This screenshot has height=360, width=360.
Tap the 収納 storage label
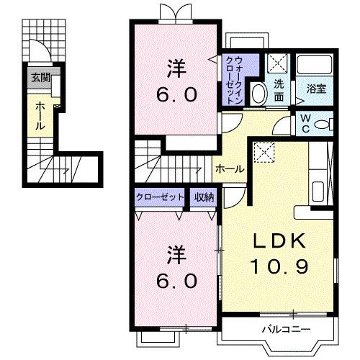(x=202, y=197)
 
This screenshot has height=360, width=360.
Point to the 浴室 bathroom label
(x=316, y=89)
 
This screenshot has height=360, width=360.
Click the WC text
(x=305, y=123)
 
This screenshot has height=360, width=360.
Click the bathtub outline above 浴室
(x=316, y=66)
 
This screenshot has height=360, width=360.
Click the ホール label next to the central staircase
(x=230, y=169)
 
